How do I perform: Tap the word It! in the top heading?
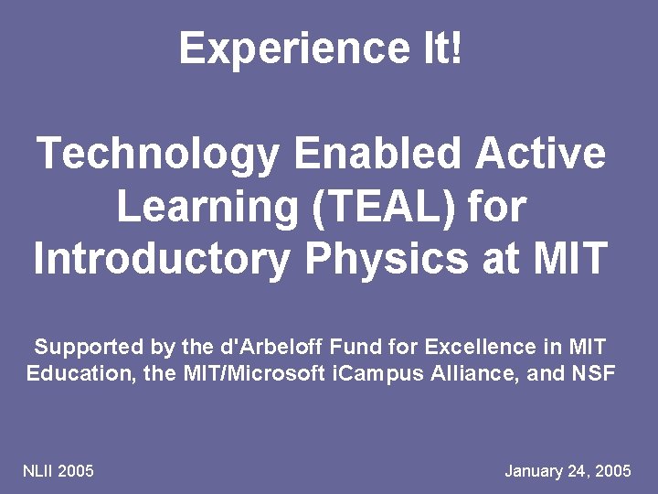tap(441, 48)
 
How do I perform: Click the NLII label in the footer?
tap(38, 471)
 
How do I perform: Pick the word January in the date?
tap(535, 471)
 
